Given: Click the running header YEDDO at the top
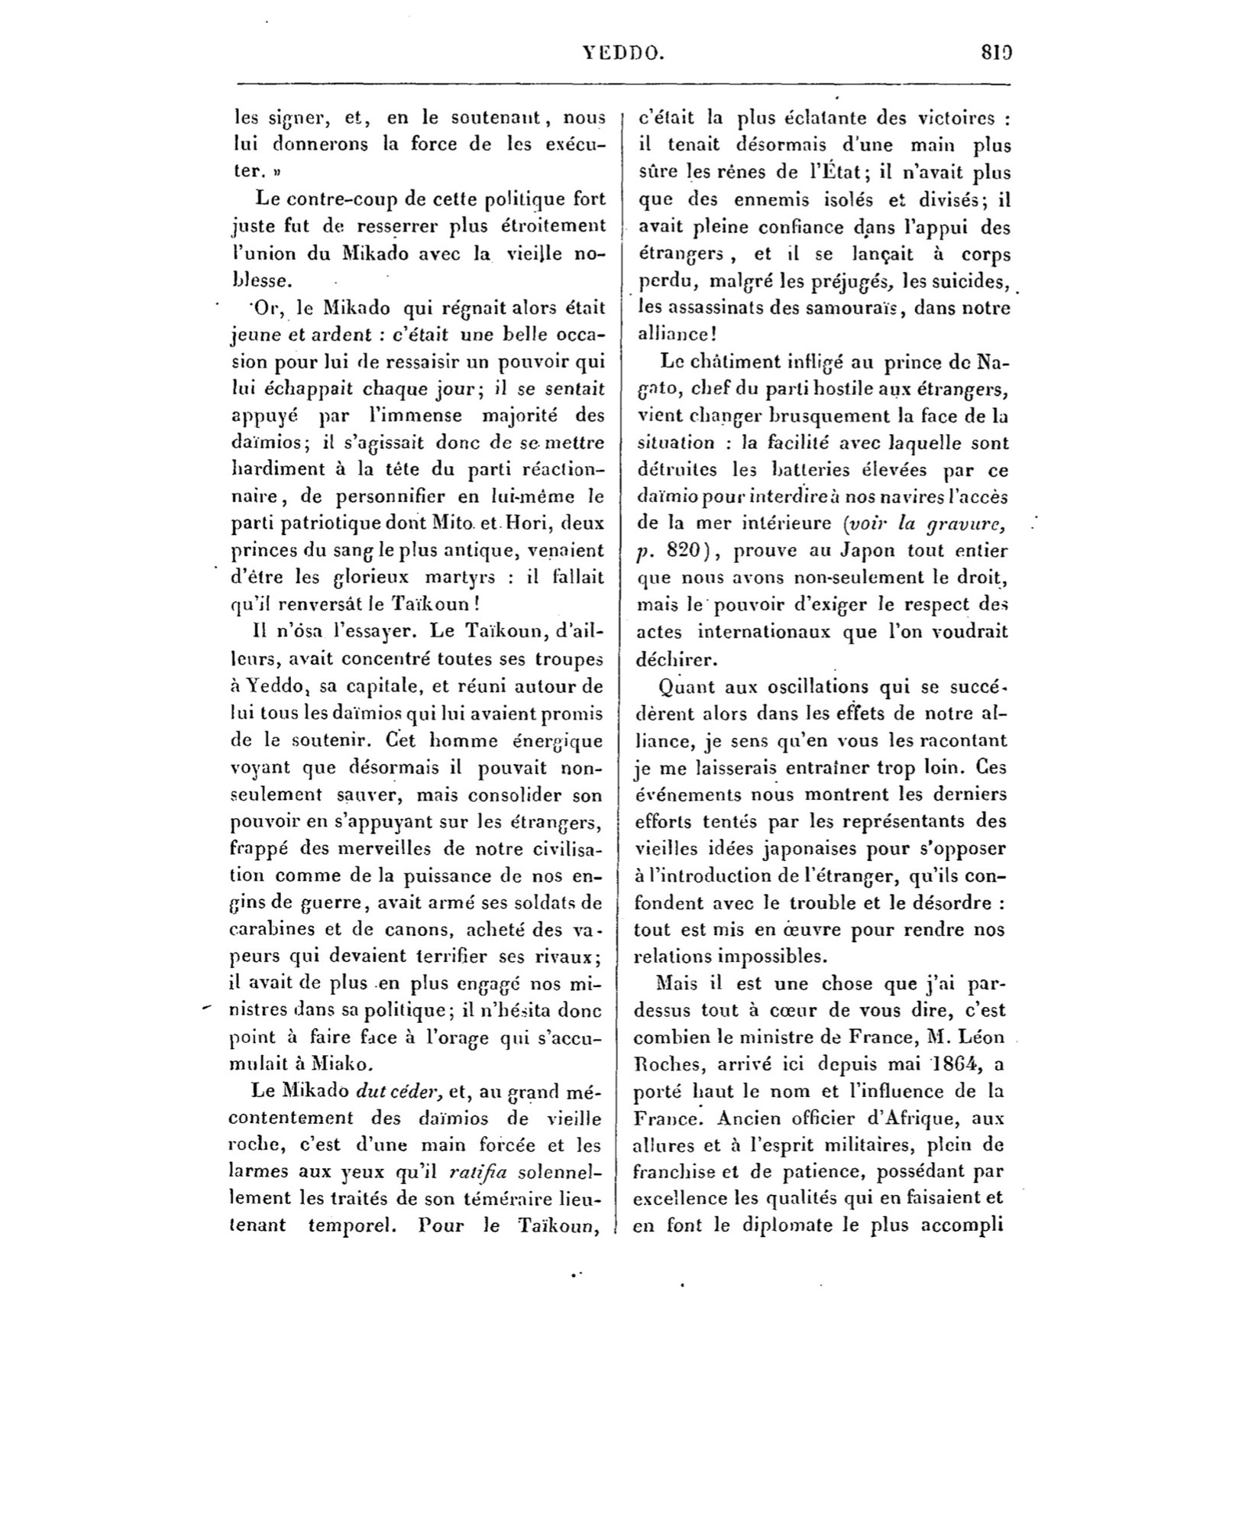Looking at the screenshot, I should [x=623, y=53].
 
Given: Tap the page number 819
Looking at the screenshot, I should [x=997, y=53].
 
